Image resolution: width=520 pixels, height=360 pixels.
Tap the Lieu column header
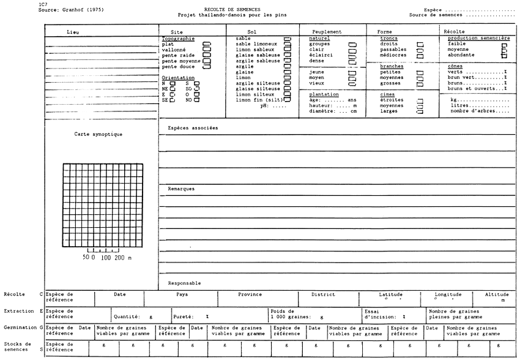[x=74, y=32]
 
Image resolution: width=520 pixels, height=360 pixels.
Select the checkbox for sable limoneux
[x=288, y=44]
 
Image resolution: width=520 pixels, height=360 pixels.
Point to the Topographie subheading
[x=178, y=38]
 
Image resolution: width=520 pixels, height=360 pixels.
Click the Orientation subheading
[x=178, y=78]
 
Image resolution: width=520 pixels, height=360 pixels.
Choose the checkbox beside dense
[x=352, y=61]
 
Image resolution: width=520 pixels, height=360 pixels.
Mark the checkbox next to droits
[x=421, y=44]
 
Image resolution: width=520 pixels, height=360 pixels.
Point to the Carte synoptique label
[x=94, y=133]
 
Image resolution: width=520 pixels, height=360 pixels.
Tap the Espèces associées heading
[x=193, y=128]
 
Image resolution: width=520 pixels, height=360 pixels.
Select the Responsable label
[x=184, y=283]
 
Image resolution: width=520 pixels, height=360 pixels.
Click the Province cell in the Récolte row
[x=250, y=294]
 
